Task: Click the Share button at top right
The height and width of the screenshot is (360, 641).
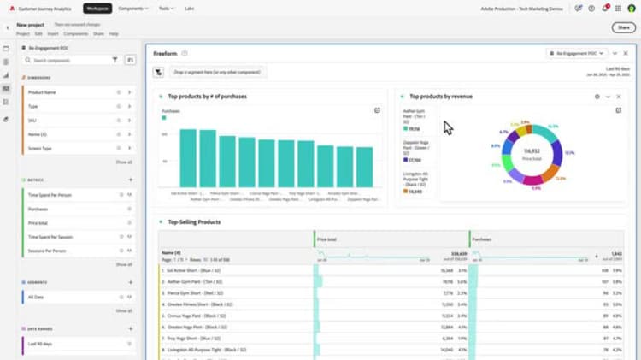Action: pos(622,27)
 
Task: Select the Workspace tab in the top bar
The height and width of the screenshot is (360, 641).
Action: pos(97,8)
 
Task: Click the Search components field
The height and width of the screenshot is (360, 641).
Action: pos(68,61)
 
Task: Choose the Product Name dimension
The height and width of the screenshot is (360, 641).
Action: pos(43,91)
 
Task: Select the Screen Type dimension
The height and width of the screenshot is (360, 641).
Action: pos(40,148)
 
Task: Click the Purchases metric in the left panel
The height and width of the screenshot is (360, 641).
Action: pos(38,209)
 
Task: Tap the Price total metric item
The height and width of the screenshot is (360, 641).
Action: pos(38,222)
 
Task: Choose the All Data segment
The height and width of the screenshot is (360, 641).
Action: pos(36,297)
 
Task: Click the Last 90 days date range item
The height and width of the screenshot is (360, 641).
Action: pos(40,343)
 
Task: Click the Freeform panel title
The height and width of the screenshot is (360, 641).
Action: pos(165,53)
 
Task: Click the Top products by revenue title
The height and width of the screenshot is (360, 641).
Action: pos(440,97)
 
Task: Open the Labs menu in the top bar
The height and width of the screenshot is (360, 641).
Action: pos(189,8)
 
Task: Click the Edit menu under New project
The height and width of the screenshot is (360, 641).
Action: pos(38,33)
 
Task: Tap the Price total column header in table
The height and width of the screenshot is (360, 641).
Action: pos(328,240)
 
